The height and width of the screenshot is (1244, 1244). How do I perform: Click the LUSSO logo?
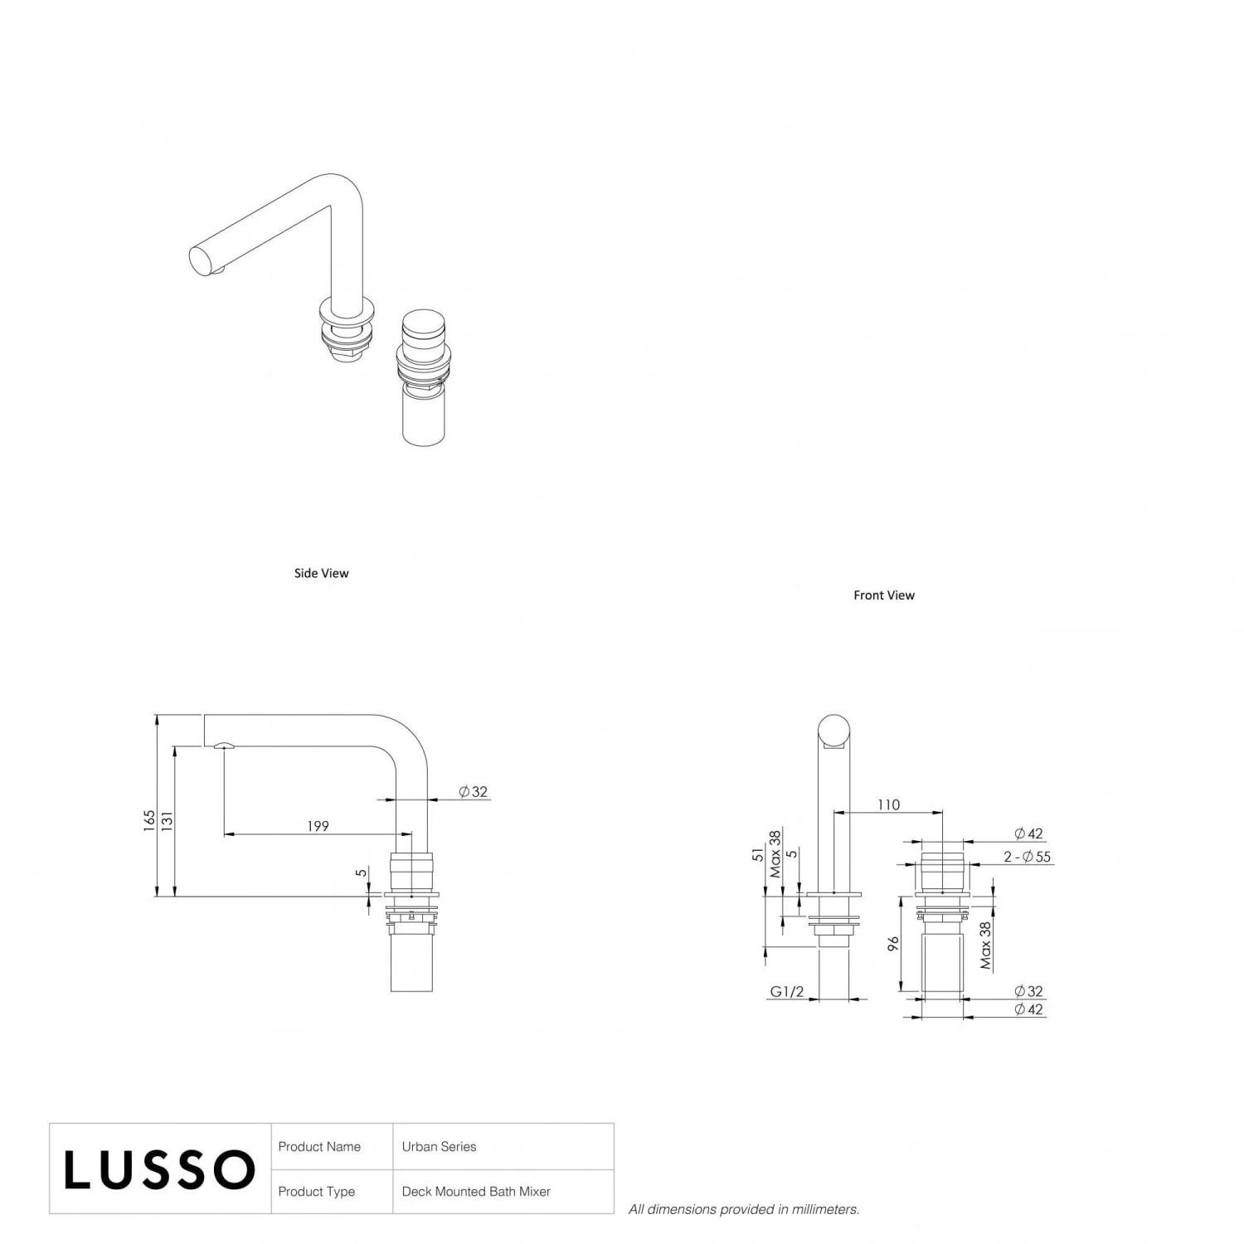[159, 1169]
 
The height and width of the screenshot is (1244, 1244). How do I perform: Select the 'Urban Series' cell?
[439, 1147]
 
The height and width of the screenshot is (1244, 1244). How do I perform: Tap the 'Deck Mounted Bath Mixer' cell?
[476, 1192]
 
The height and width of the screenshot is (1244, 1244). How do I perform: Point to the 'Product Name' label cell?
[319, 1147]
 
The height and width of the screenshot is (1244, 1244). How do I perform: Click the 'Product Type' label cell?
[316, 1192]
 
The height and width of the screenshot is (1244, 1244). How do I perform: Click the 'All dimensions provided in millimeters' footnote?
[743, 1210]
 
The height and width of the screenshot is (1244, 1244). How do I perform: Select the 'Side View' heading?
[321, 573]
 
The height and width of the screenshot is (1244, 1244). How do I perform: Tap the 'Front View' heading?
[883, 595]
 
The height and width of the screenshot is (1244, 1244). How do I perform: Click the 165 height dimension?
[149, 820]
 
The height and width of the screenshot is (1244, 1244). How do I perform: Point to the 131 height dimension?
[168, 820]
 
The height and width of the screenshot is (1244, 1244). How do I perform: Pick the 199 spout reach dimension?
[318, 826]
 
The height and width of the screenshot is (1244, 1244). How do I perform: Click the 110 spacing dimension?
[887, 804]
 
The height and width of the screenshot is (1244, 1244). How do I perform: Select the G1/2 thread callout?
[786, 992]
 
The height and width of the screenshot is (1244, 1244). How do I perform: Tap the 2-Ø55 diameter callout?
[1027, 857]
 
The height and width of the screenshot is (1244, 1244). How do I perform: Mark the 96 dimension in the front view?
[893, 944]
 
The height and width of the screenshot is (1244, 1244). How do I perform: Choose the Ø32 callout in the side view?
[474, 792]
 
